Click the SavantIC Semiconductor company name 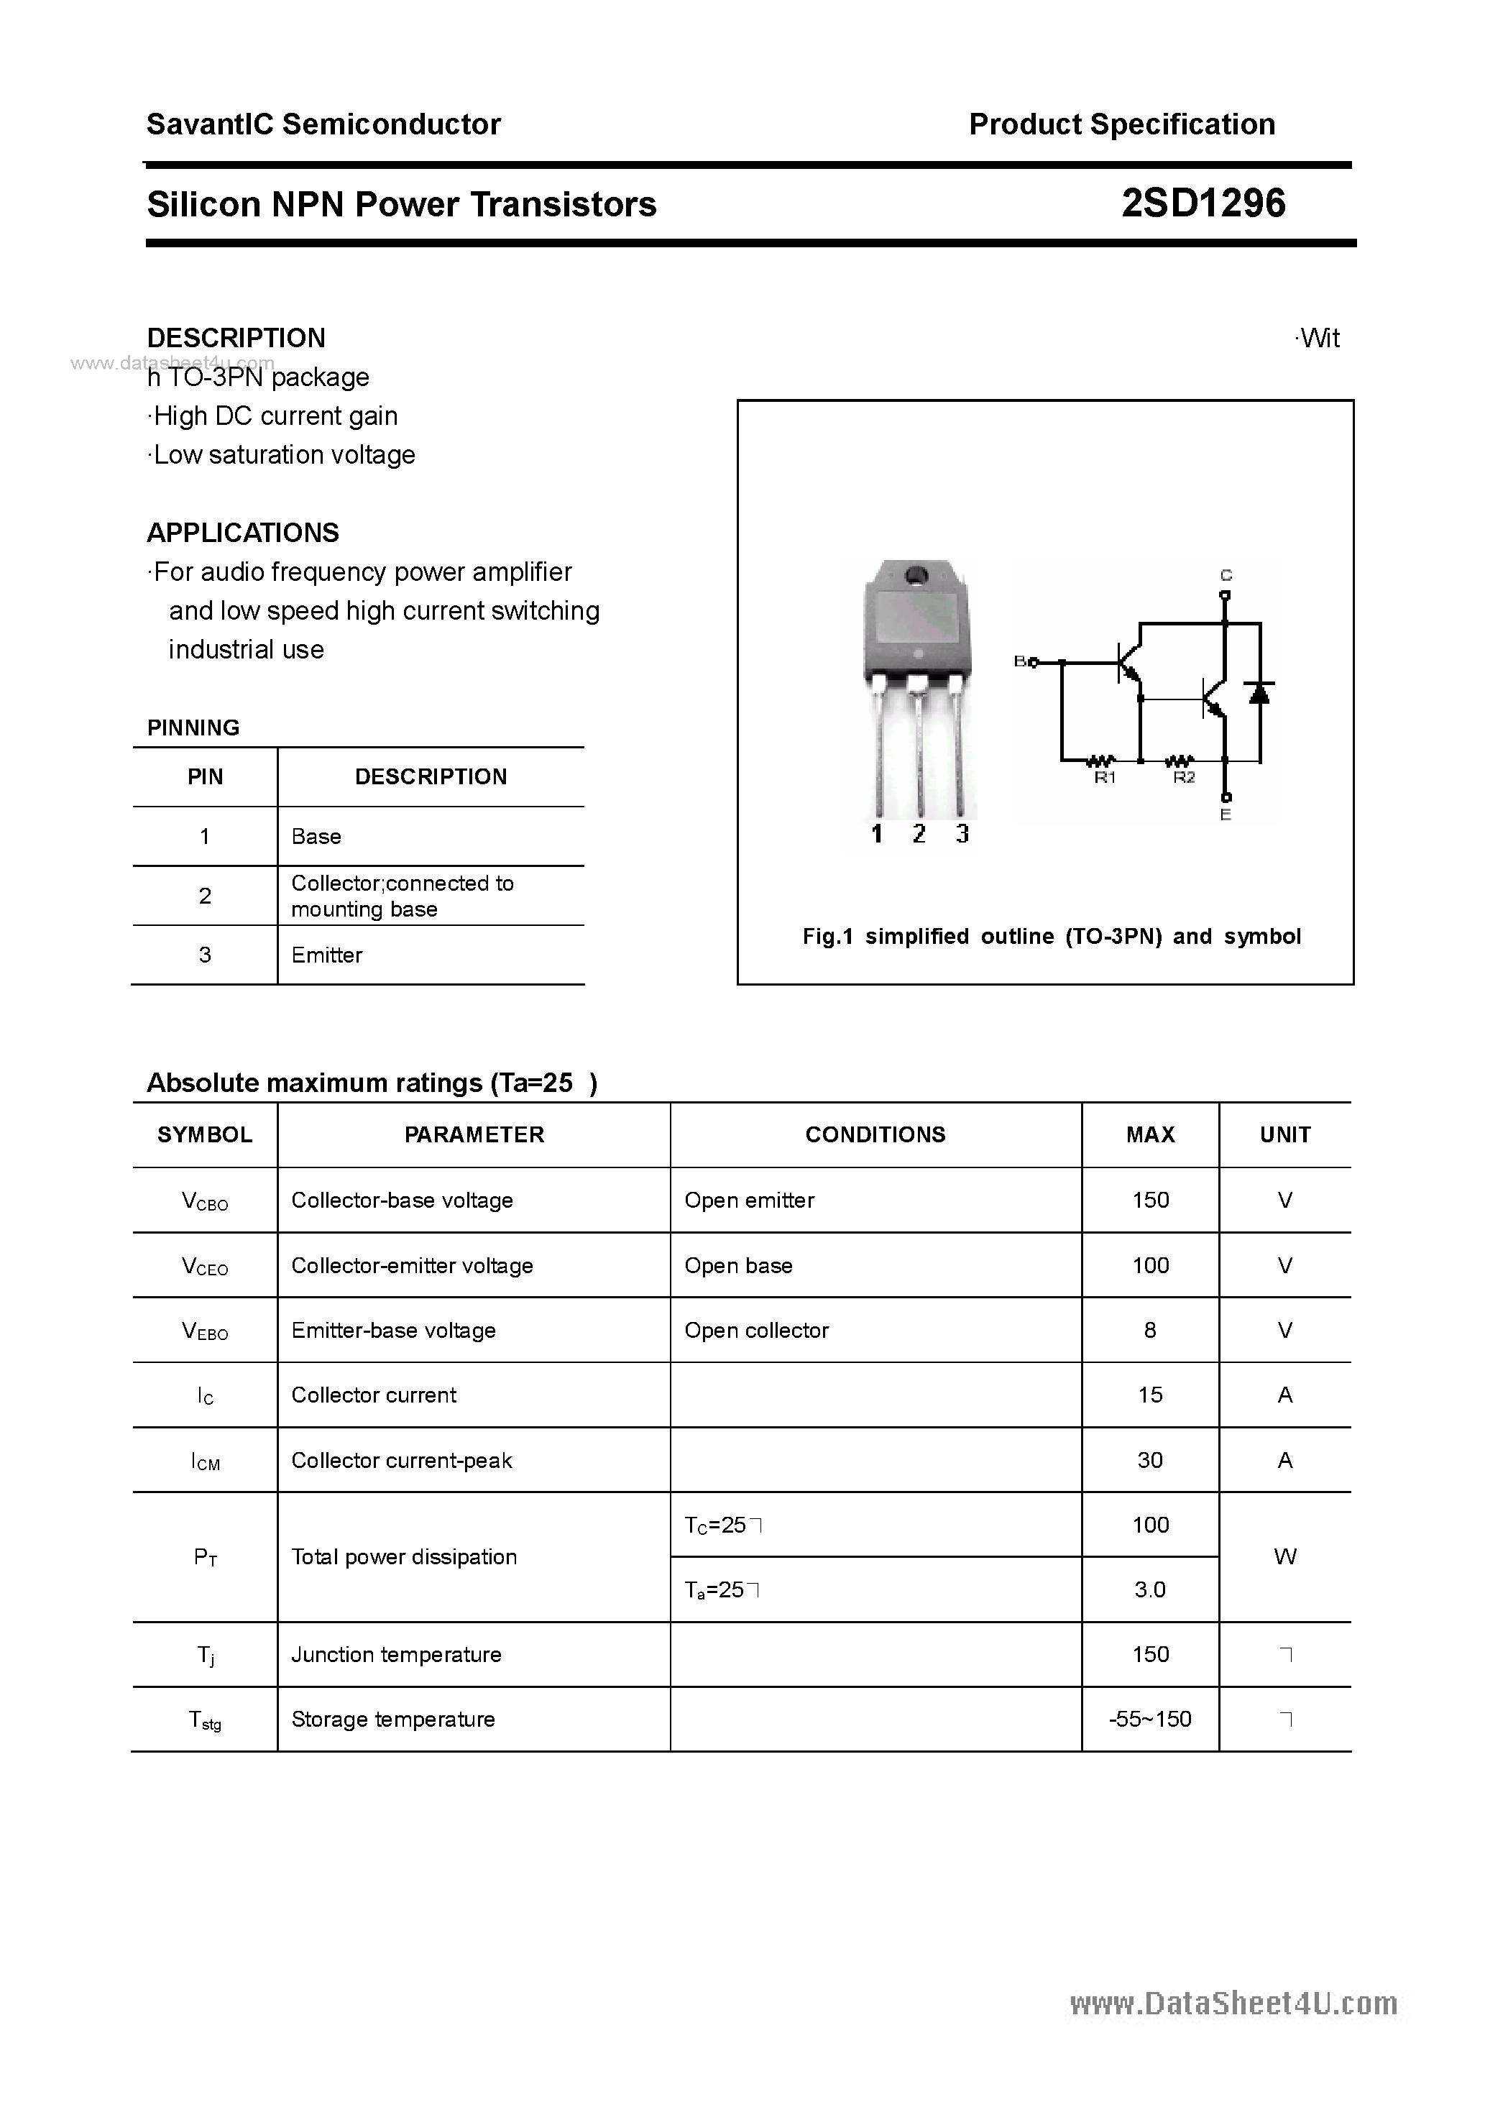(323, 124)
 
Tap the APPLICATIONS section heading (243, 532)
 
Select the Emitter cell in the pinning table (327, 955)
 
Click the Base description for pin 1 (316, 836)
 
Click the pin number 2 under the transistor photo (919, 833)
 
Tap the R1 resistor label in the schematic (1104, 777)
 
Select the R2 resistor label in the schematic (1183, 777)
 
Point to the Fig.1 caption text (1051, 936)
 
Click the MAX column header (1150, 1134)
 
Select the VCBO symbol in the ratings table (205, 1201)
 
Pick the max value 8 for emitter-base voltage (1150, 1330)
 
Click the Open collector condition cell (756, 1330)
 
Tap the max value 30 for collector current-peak (1150, 1460)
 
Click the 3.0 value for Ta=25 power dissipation (1150, 1590)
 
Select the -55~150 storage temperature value (1150, 1720)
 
